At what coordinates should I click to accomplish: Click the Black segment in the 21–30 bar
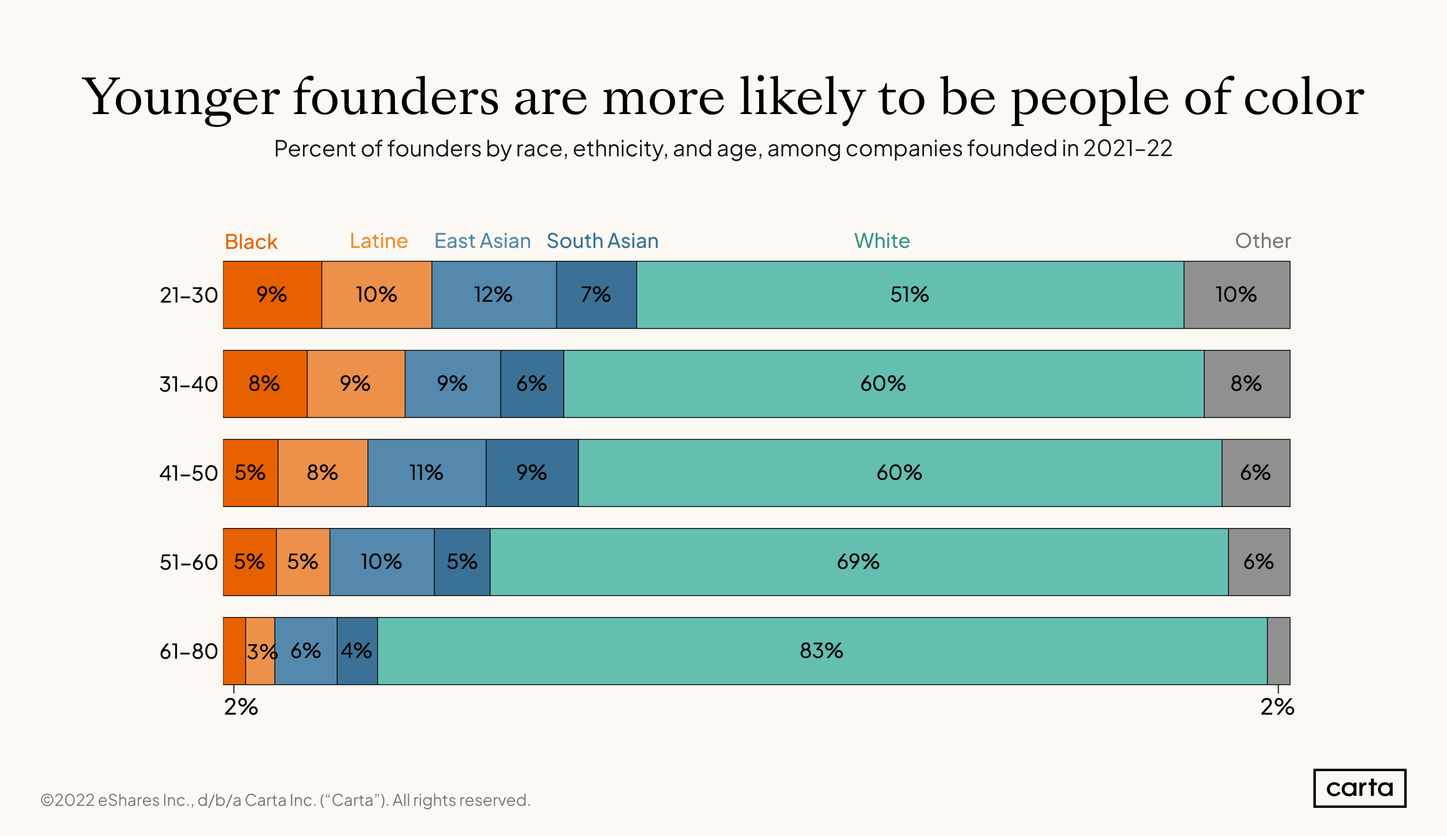tap(272, 294)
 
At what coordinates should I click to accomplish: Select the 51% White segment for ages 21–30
tap(909, 294)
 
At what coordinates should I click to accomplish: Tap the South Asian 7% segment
tap(596, 294)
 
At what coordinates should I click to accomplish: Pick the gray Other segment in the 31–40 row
tap(1246, 383)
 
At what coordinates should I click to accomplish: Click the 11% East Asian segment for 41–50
tap(426, 473)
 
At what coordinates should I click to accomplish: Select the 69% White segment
tap(859, 562)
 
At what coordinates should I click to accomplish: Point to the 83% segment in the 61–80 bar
tap(821, 651)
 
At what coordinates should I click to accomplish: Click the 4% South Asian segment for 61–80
tap(357, 651)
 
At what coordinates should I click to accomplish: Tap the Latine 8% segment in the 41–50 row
tap(322, 473)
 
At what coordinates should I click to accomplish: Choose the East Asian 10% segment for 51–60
tap(381, 562)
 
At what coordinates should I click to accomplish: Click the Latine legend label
tap(378, 241)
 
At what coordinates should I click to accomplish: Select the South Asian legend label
tap(602, 241)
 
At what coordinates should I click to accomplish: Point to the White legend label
tap(881, 241)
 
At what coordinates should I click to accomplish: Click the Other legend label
tap(1263, 241)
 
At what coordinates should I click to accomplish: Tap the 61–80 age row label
tap(188, 652)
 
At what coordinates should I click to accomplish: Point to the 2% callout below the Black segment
tap(241, 707)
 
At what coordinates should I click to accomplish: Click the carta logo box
tap(1359, 788)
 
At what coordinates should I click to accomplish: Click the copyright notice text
tap(285, 800)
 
